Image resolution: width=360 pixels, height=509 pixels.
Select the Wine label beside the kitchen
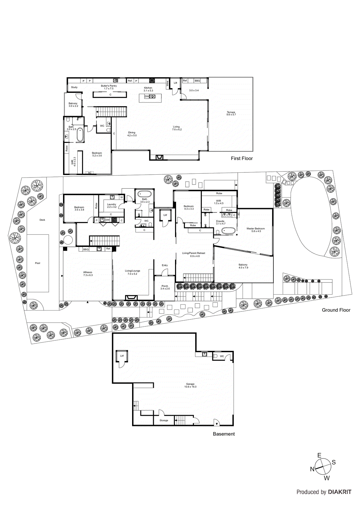pos(167,84)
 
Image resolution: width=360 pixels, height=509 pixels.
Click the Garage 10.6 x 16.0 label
pos(190,385)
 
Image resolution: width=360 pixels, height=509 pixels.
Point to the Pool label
pos(38,263)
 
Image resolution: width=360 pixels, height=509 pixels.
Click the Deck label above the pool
pos(42,220)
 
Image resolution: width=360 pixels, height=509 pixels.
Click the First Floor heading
pos(242,158)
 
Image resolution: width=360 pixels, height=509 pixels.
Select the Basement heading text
pos(224,434)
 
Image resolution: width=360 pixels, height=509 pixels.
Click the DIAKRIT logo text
pos(339,492)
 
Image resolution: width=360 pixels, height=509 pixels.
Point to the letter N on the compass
pos(312,469)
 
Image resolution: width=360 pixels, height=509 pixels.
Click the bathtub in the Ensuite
pos(229,231)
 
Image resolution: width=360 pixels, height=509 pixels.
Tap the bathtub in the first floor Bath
pos(80,135)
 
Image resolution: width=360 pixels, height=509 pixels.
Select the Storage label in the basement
pos(164,421)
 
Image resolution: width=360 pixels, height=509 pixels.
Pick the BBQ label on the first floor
pos(197,81)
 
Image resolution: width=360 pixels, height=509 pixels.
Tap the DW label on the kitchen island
pos(147,96)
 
